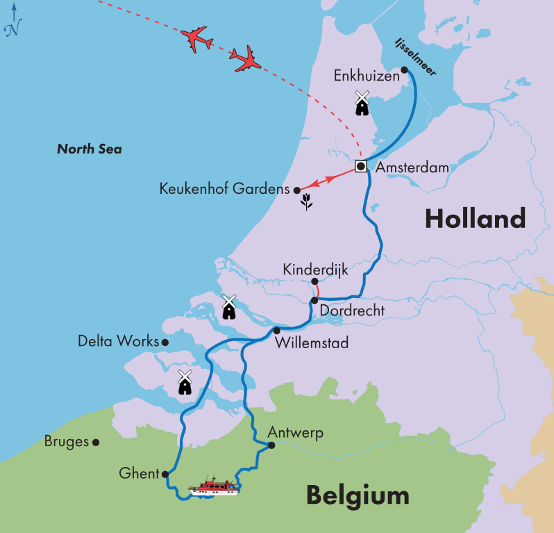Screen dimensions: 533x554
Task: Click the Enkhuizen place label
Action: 366,74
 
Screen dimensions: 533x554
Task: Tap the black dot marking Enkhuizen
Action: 404,69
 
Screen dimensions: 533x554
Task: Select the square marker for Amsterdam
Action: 361,166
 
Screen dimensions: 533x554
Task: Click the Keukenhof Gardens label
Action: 224,188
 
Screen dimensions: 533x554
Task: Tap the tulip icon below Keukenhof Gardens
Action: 305,202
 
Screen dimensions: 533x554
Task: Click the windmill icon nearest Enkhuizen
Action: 361,103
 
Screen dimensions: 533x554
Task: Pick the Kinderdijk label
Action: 315,269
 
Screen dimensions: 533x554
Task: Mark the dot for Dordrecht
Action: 314,300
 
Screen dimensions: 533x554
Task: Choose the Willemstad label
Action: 312,343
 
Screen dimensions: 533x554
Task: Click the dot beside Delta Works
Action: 165,342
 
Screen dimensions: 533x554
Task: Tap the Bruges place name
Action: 66,441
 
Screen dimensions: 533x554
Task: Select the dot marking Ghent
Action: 165,475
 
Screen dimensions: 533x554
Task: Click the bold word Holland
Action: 475,219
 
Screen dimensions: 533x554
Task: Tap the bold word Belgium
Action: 357,496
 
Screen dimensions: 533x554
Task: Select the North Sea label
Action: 90,149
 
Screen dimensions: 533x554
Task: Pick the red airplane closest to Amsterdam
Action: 246,60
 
